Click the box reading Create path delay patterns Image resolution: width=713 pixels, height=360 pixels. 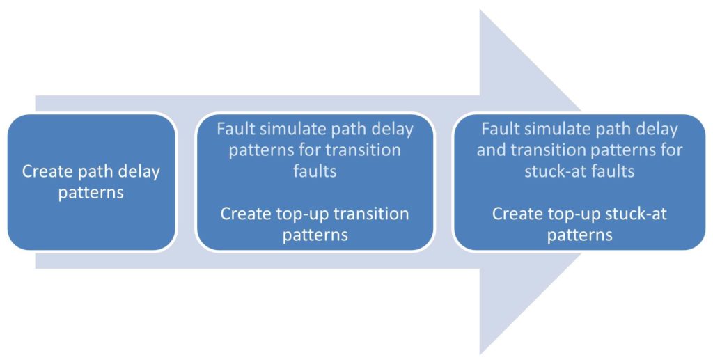point(91,182)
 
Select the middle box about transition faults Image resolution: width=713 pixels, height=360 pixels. point(315,182)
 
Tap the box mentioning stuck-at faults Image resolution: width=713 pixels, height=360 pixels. point(579,182)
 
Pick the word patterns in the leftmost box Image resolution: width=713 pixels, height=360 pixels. point(91,193)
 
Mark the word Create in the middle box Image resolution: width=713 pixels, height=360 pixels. point(243,214)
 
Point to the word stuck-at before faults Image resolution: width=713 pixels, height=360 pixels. point(552,171)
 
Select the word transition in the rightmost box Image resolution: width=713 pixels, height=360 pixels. point(548,150)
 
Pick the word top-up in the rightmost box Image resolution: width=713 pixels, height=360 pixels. point(570,214)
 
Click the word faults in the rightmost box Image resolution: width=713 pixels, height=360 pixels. point(609,171)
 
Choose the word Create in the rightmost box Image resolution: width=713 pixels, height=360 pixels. point(515,214)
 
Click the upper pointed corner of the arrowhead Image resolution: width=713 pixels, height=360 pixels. point(480,10)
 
